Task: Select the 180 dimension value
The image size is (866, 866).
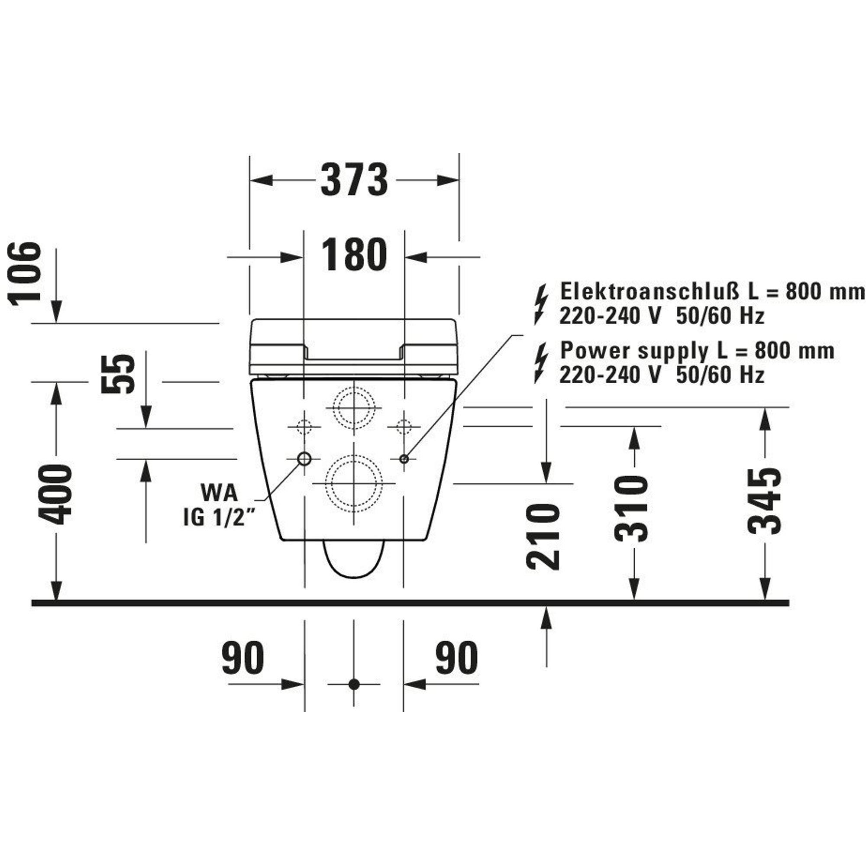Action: [354, 255]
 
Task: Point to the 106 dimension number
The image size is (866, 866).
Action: [25, 274]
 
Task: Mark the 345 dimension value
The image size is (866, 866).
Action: [765, 501]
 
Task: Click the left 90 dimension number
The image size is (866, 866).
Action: [242, 658]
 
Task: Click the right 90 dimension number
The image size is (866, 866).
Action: [457, 658]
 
